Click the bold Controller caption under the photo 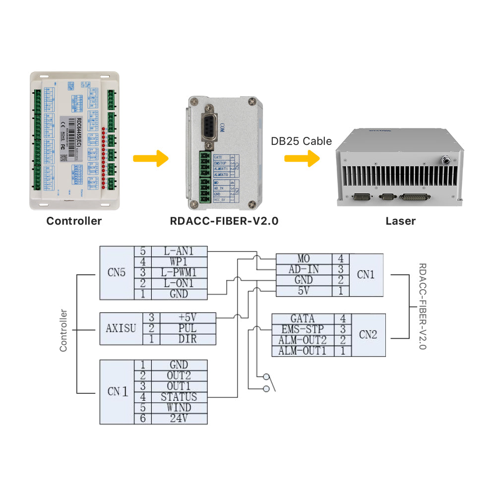tap(74, 221)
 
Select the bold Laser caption tap(400, 221)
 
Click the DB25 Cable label tap(301, 141)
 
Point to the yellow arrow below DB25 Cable tap(302, 159)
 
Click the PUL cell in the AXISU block tap(187, 328)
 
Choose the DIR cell tap(187, 339)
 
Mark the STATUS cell tap(179, 397)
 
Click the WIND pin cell tap(179, 408)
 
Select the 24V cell tap(179, 419)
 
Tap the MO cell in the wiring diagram tap(304, 259)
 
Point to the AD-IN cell tap(304, 269)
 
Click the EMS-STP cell tap(303, 329)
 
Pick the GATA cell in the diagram tap(303, 318)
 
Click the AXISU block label tap(121, 329)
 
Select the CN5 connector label tap(117, 273)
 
